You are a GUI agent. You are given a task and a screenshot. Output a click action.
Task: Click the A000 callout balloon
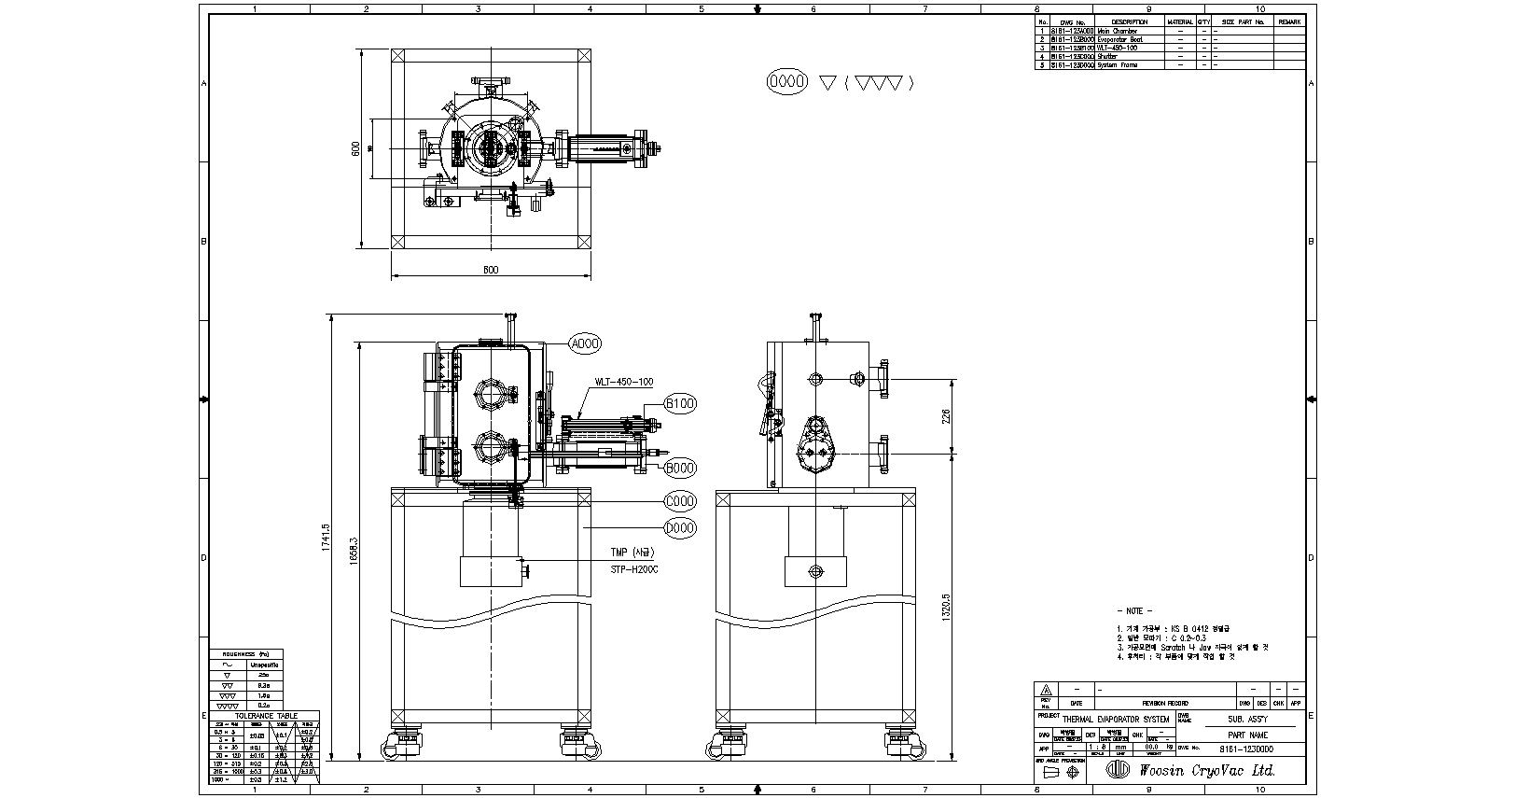(x=585, y=343)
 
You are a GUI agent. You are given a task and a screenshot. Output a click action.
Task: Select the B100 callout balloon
(x=680, y=403)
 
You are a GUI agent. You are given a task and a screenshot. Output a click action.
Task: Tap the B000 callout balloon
(x=680, y=468)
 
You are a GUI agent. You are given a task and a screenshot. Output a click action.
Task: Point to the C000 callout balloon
(x=680, y=501)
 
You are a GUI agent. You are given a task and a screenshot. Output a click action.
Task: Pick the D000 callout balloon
(x=680, y=528)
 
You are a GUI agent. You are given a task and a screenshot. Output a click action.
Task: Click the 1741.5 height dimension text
(x=326, y=539)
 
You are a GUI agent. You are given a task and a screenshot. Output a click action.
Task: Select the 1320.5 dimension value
(x=946, y=610)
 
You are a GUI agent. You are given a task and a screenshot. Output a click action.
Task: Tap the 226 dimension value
(x=945, y=416)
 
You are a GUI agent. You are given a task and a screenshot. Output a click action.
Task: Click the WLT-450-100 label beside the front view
(x=624, y=382)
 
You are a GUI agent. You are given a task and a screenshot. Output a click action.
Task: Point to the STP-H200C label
(x=634, y=568)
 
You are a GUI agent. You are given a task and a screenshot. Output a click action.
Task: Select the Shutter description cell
(x=1107, y=56)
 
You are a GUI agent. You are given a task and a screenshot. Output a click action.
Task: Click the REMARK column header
(x=1289, y=21)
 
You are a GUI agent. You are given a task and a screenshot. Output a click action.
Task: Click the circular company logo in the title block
(x=1118, y=770)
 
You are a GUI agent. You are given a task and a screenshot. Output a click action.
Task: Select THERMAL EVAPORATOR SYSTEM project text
(x=1116, y=720)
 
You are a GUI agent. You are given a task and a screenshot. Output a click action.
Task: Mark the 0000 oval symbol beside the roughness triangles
(x=785, y=82)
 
